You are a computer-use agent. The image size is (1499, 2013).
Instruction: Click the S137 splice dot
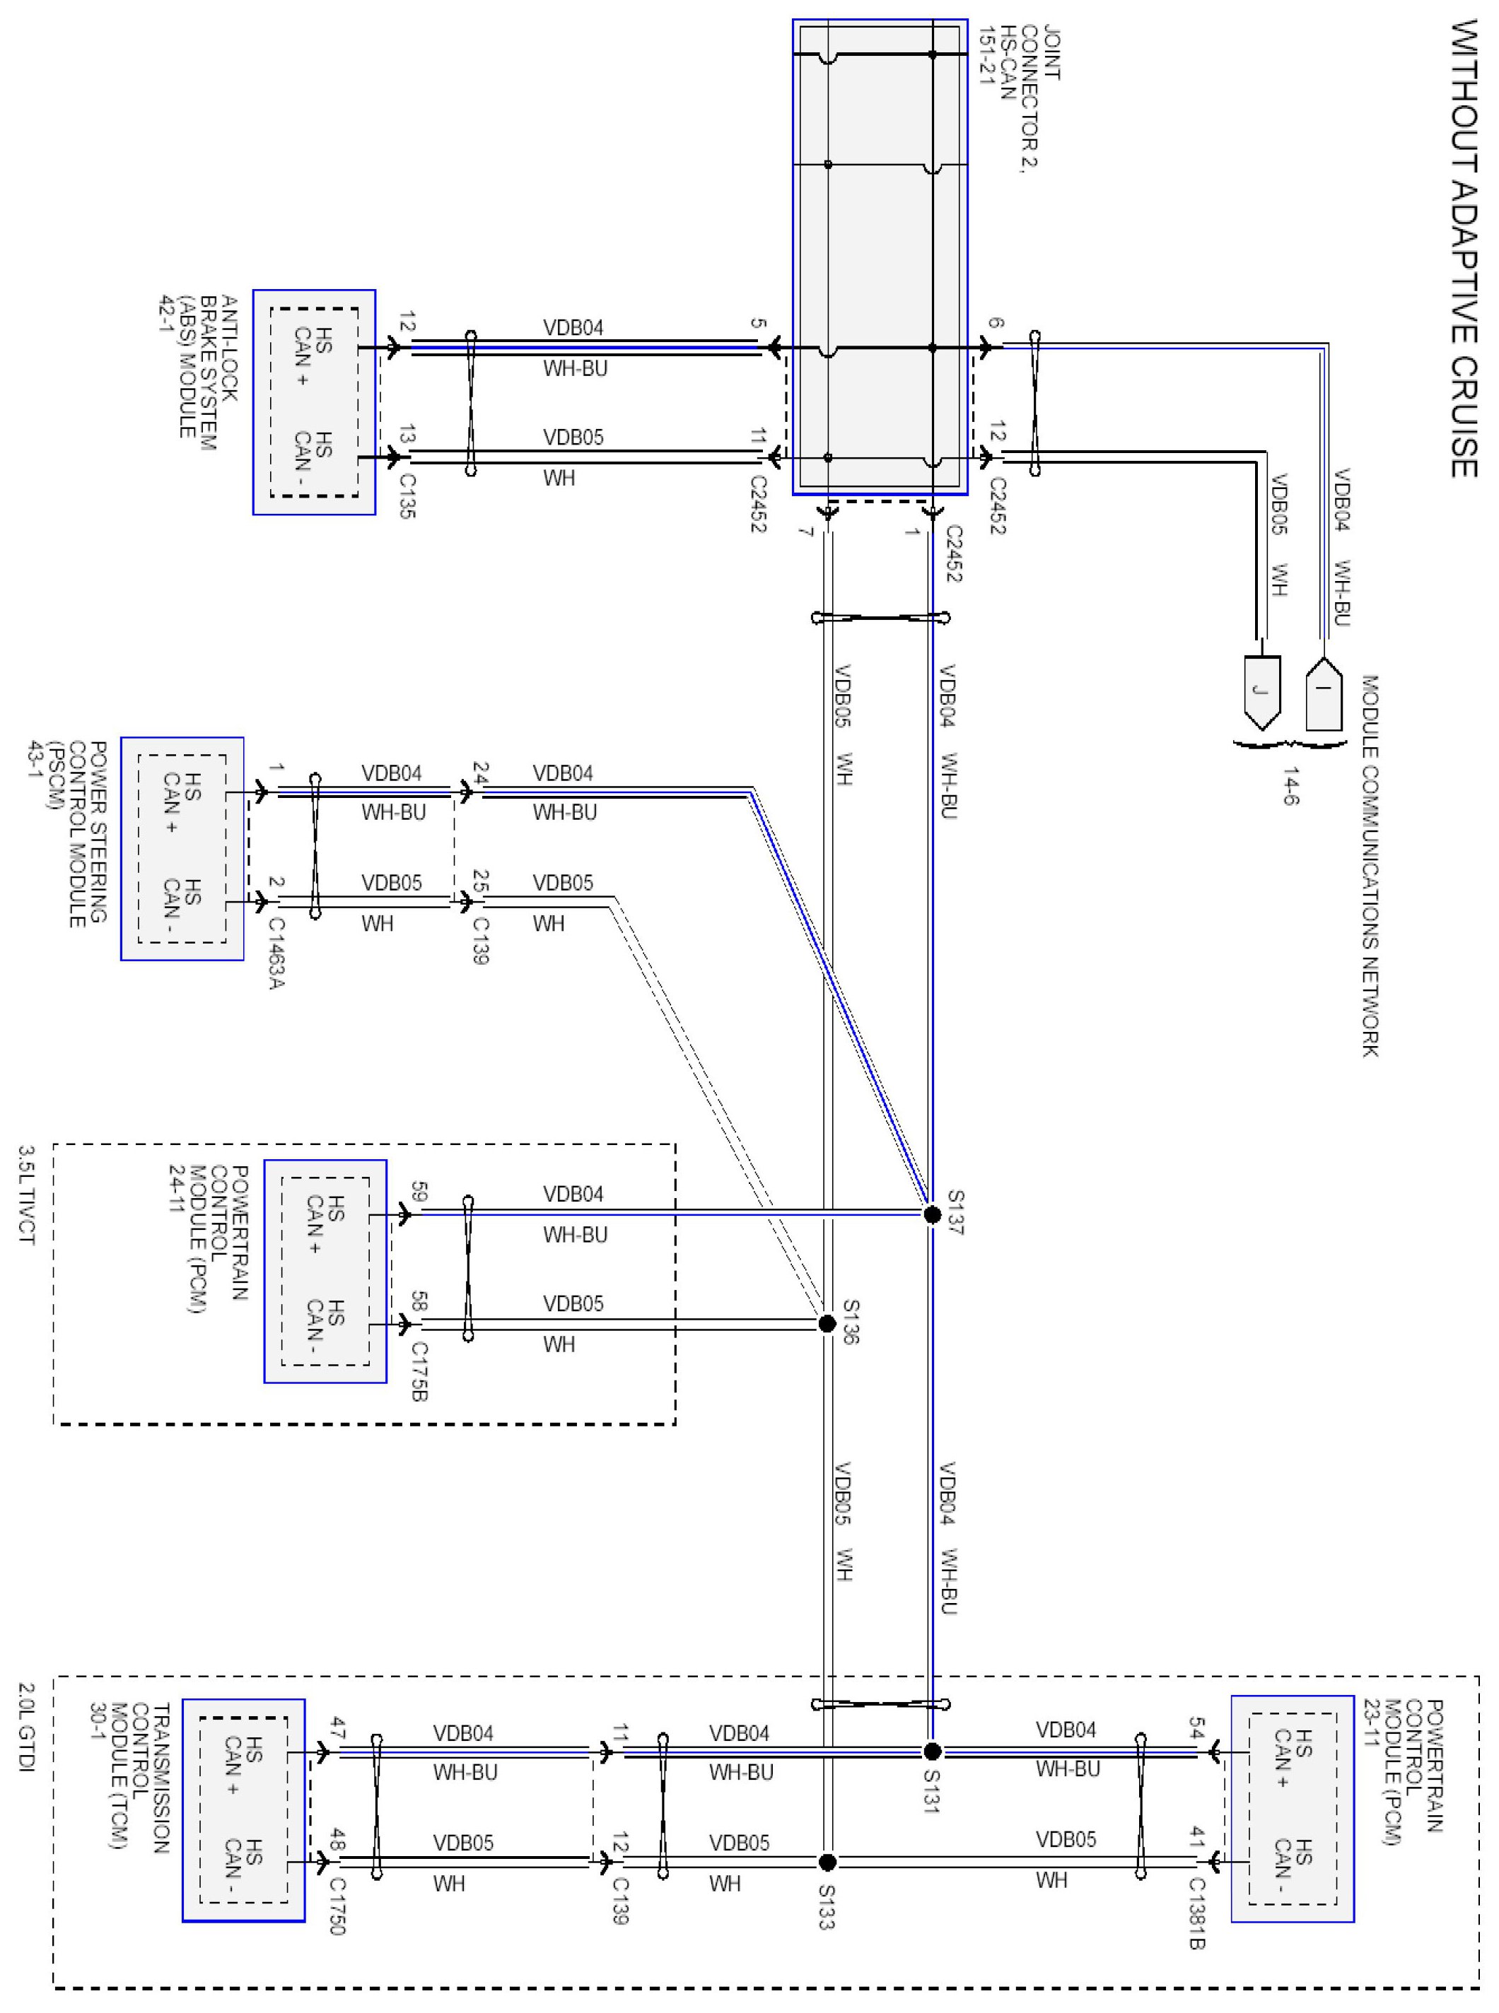pos(932,1214)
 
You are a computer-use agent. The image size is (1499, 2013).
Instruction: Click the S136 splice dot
pos(827,1324)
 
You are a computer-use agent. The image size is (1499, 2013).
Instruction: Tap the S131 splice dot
pos(932,1751)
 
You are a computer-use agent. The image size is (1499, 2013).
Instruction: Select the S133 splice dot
pos(827,1862)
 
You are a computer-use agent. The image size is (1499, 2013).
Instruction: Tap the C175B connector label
pos(419,1372)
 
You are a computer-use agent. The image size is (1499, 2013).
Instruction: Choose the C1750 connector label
pos(337,1905)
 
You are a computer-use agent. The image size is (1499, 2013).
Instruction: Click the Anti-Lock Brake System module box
pos(314,402)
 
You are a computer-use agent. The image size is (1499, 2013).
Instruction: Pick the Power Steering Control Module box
pos(182,848)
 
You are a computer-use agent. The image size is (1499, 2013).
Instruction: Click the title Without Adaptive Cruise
pos(1463,250)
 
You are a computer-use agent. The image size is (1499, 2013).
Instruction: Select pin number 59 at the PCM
pos(419,1191)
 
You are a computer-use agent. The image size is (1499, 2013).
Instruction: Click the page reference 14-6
pos(1290,785)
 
